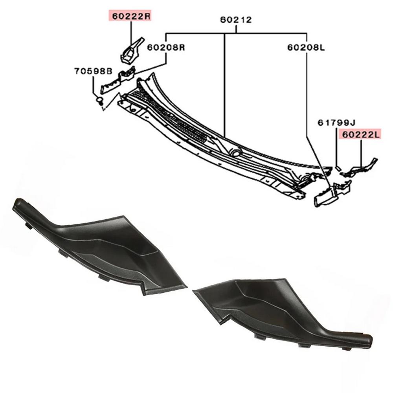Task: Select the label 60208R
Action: coord(165,47)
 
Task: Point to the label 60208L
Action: coord(306,47)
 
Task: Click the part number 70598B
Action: coord(93,71)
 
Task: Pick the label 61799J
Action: coord(336,123)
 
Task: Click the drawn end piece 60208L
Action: coord(326,195)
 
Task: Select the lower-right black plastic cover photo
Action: coord(283,310)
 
